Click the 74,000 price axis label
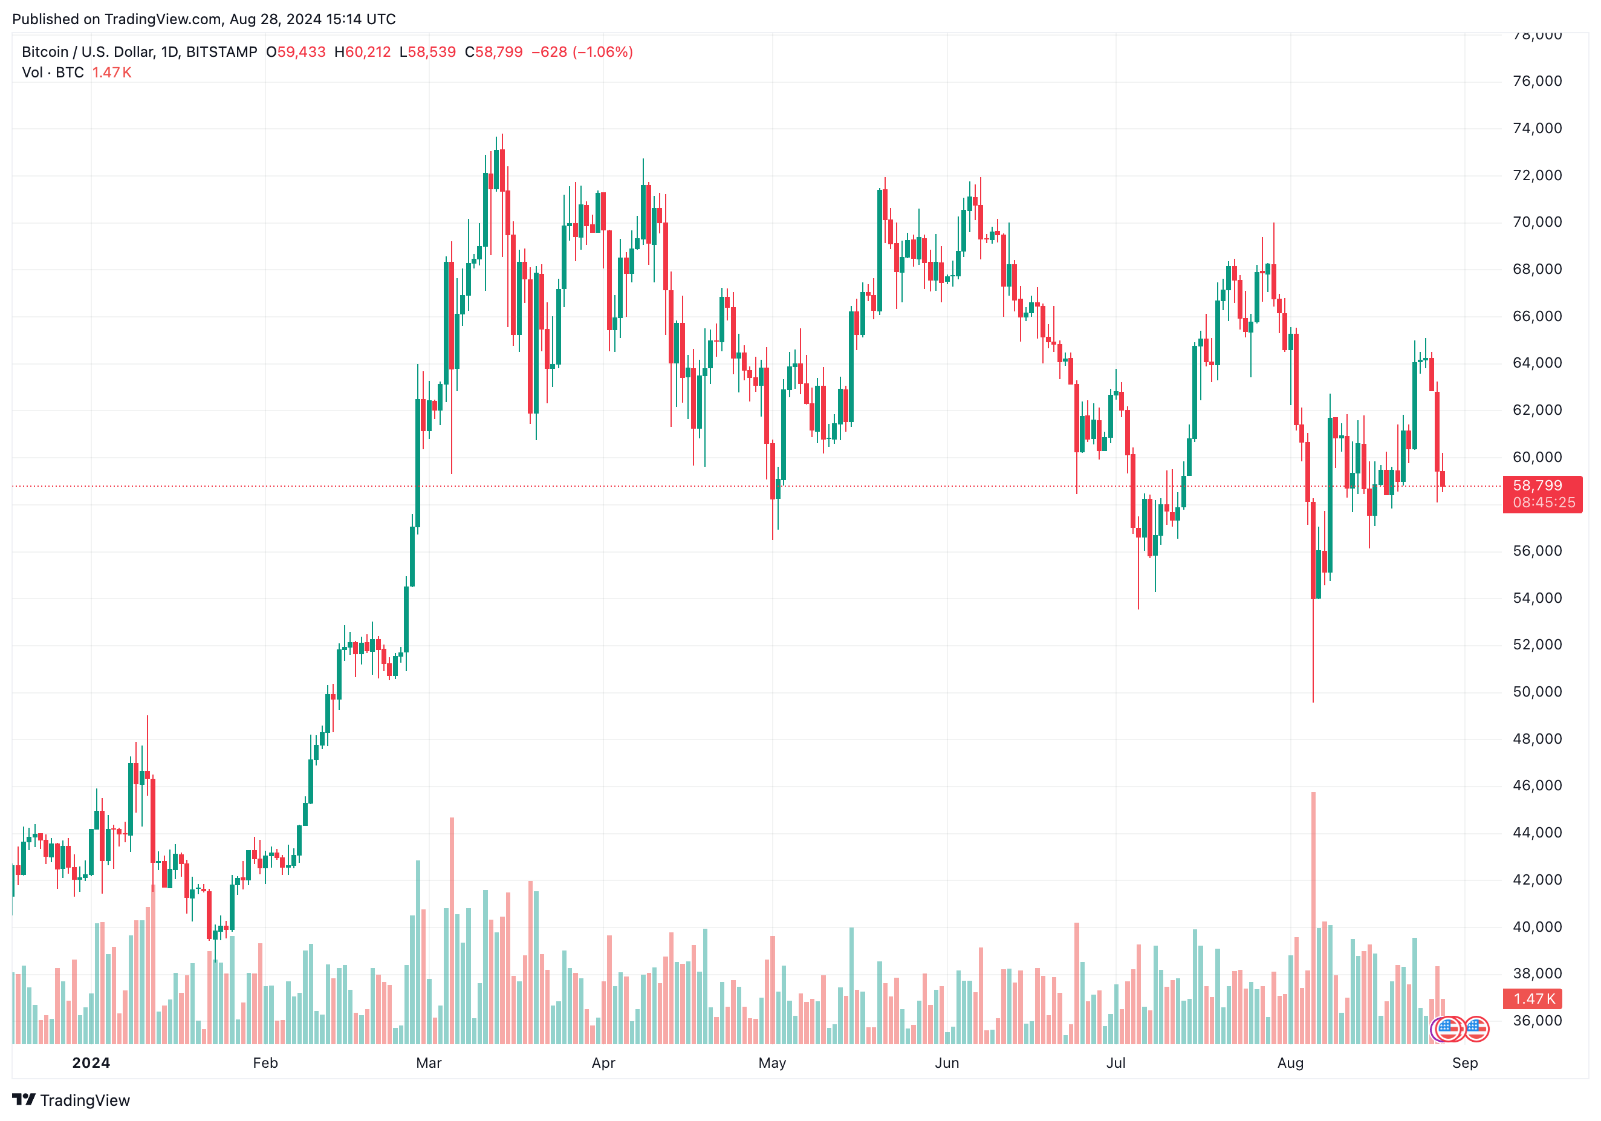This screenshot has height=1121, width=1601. (x=1537, y=128)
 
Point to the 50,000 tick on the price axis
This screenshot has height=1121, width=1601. (x=1537, y=692)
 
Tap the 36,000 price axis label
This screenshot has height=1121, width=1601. (x=1537, y=1021)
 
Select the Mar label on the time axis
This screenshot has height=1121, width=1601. (x=429, y=1062)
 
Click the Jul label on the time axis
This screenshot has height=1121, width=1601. (x=1116, y=1062)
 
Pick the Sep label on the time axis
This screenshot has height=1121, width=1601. (x=1464, y=1062)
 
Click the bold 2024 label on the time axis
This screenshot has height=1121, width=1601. (x=91, y=1062)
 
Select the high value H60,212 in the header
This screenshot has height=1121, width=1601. (x=362, y=52)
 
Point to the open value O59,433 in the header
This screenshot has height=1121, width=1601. (x=296, y=52)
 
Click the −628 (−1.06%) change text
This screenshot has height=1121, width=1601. (x=582, y=52)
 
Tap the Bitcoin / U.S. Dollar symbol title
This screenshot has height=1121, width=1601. (x=140, y=52)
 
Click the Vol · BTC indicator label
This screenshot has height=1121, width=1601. (x=53, y=73)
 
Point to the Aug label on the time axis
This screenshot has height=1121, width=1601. (x=1290, y=1062)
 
